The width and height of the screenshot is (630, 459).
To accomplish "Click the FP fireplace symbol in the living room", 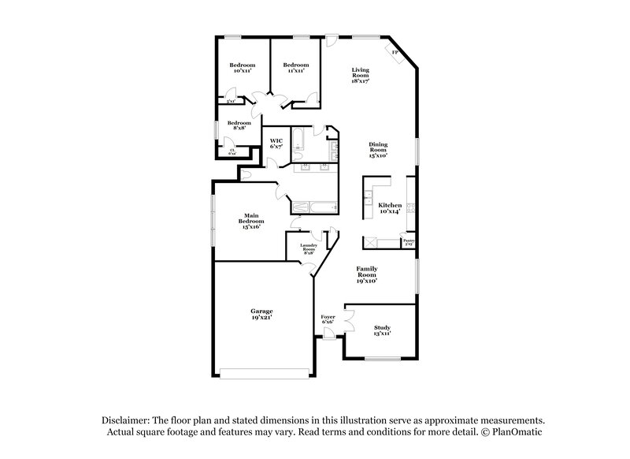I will pyautogui.click(x=395, y=54).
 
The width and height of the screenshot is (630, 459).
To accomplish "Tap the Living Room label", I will pyautogui.click(x=361, y=75).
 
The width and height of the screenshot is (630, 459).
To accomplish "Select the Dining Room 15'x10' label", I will pyautogui.click(x=379, y=149).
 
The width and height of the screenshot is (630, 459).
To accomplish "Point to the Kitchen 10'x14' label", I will pyautogui.click(x=390, y=208).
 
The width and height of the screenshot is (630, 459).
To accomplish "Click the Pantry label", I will pyautogui.click(x=409, y=242).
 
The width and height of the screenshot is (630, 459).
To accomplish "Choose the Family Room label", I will pyautogui.click(x=367, y=274).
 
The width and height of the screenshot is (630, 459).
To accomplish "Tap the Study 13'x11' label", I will pyautogui.click(x=383, y=330).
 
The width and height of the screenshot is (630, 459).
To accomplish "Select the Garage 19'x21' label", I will pyautogui.click(x=262, y=314).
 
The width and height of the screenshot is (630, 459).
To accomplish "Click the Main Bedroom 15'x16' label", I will pyautogui.click(x=251, y=220).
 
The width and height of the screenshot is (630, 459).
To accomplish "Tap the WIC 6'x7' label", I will pyautogui.click(x=276, y=144).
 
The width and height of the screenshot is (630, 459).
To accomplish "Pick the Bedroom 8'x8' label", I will pyautogui.click(x=239, y=125).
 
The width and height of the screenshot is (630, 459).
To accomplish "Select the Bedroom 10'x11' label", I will pyautogui.click(x=242, y=68).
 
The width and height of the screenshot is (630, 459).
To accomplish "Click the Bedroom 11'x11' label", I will pyautogui.click(x=295, y=68).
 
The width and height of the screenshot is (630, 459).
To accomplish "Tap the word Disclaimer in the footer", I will pyautogui.click(x=126, y=421).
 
